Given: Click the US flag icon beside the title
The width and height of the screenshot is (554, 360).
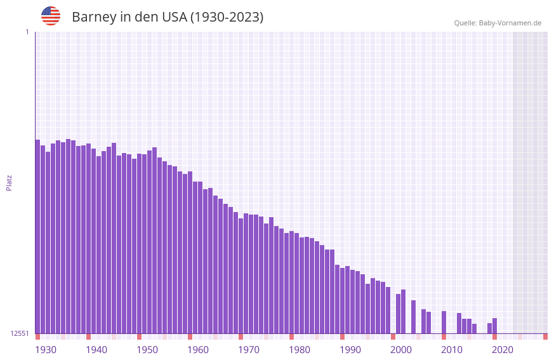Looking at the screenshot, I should click(51, 16).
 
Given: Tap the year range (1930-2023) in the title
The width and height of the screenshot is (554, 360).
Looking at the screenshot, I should click(227, 17).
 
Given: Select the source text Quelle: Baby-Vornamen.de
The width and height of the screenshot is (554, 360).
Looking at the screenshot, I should click(498, 23).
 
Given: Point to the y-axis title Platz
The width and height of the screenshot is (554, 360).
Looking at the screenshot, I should click(9, 183).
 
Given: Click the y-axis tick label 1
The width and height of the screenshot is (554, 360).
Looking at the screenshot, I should click(27, 32).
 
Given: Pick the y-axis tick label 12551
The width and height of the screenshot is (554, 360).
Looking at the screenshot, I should click(20, 333).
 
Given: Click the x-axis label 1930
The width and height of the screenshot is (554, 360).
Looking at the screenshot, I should click(46, 350).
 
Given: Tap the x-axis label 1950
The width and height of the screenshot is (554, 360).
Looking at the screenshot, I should click(147, 350).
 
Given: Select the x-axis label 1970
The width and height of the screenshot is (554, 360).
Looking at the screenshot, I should click(249, 350).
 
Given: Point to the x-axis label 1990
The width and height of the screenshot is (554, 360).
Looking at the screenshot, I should click(350, 350).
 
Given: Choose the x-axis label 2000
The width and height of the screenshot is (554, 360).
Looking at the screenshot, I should click(401, 350).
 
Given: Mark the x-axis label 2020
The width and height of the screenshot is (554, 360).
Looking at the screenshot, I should click(503, 350).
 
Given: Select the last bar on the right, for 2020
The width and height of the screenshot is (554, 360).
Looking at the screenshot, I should click(494, 326).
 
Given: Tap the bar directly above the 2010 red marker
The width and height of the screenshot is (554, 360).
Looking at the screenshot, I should click(444, 322).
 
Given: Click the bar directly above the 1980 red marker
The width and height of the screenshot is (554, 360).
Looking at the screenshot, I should click(291, 282).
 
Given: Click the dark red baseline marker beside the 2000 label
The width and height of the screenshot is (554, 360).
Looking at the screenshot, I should click(393, 337).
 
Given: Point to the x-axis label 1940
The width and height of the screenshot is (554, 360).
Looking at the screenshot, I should click(96, 350).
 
